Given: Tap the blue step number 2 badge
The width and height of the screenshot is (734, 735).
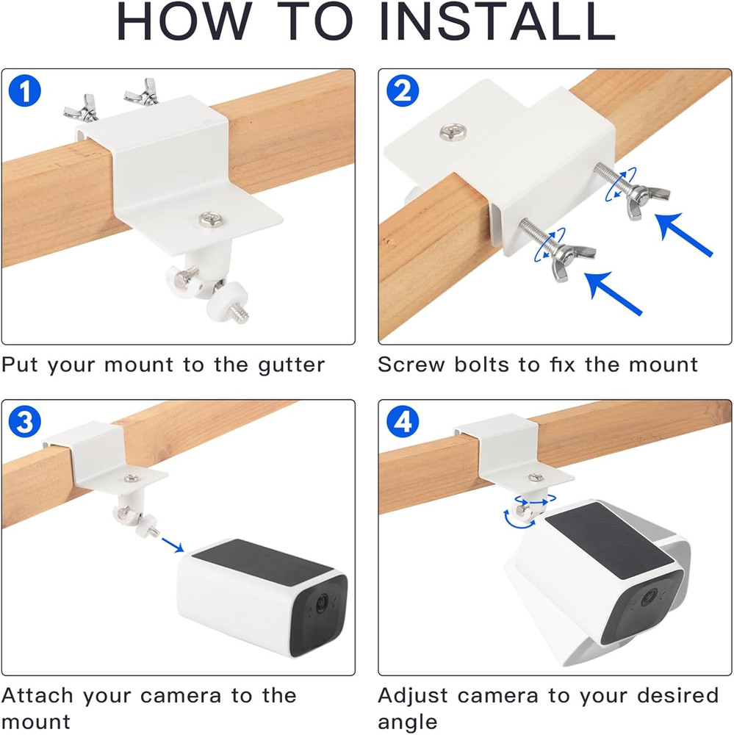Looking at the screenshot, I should pos(402,93).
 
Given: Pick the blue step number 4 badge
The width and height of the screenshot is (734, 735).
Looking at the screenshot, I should pos(402,423).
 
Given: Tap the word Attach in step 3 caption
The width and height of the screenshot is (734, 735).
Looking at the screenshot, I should pos(38,695).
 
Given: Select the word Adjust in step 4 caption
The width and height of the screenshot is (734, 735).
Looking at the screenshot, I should pos(414,695).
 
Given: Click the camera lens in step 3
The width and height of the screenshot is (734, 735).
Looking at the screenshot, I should pos(320,603).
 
